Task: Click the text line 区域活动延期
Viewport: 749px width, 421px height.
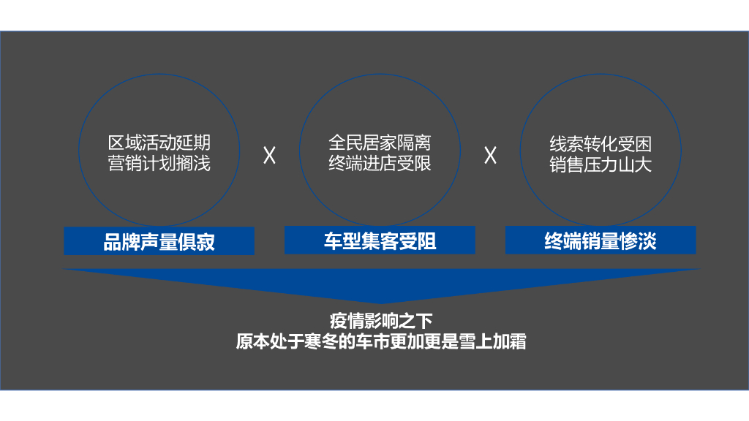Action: point(159,144)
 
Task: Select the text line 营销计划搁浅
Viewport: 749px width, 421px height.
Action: point(159,164)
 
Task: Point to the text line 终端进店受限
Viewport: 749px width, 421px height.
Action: point(380,163)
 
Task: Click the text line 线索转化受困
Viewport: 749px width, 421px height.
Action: point(601,144)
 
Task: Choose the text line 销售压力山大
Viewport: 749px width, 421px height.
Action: point(601,164)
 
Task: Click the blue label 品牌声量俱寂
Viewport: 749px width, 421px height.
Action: point(159,241)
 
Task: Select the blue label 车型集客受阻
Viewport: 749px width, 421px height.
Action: point(380,240)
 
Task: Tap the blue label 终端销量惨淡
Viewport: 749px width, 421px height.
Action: point(601,240)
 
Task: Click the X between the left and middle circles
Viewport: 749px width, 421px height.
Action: point(269,156)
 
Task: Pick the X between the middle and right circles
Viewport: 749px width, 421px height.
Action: point(490,156)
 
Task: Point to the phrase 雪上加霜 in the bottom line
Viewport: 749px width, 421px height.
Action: point(497,341)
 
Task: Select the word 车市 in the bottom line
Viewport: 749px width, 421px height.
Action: point(372,341)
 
